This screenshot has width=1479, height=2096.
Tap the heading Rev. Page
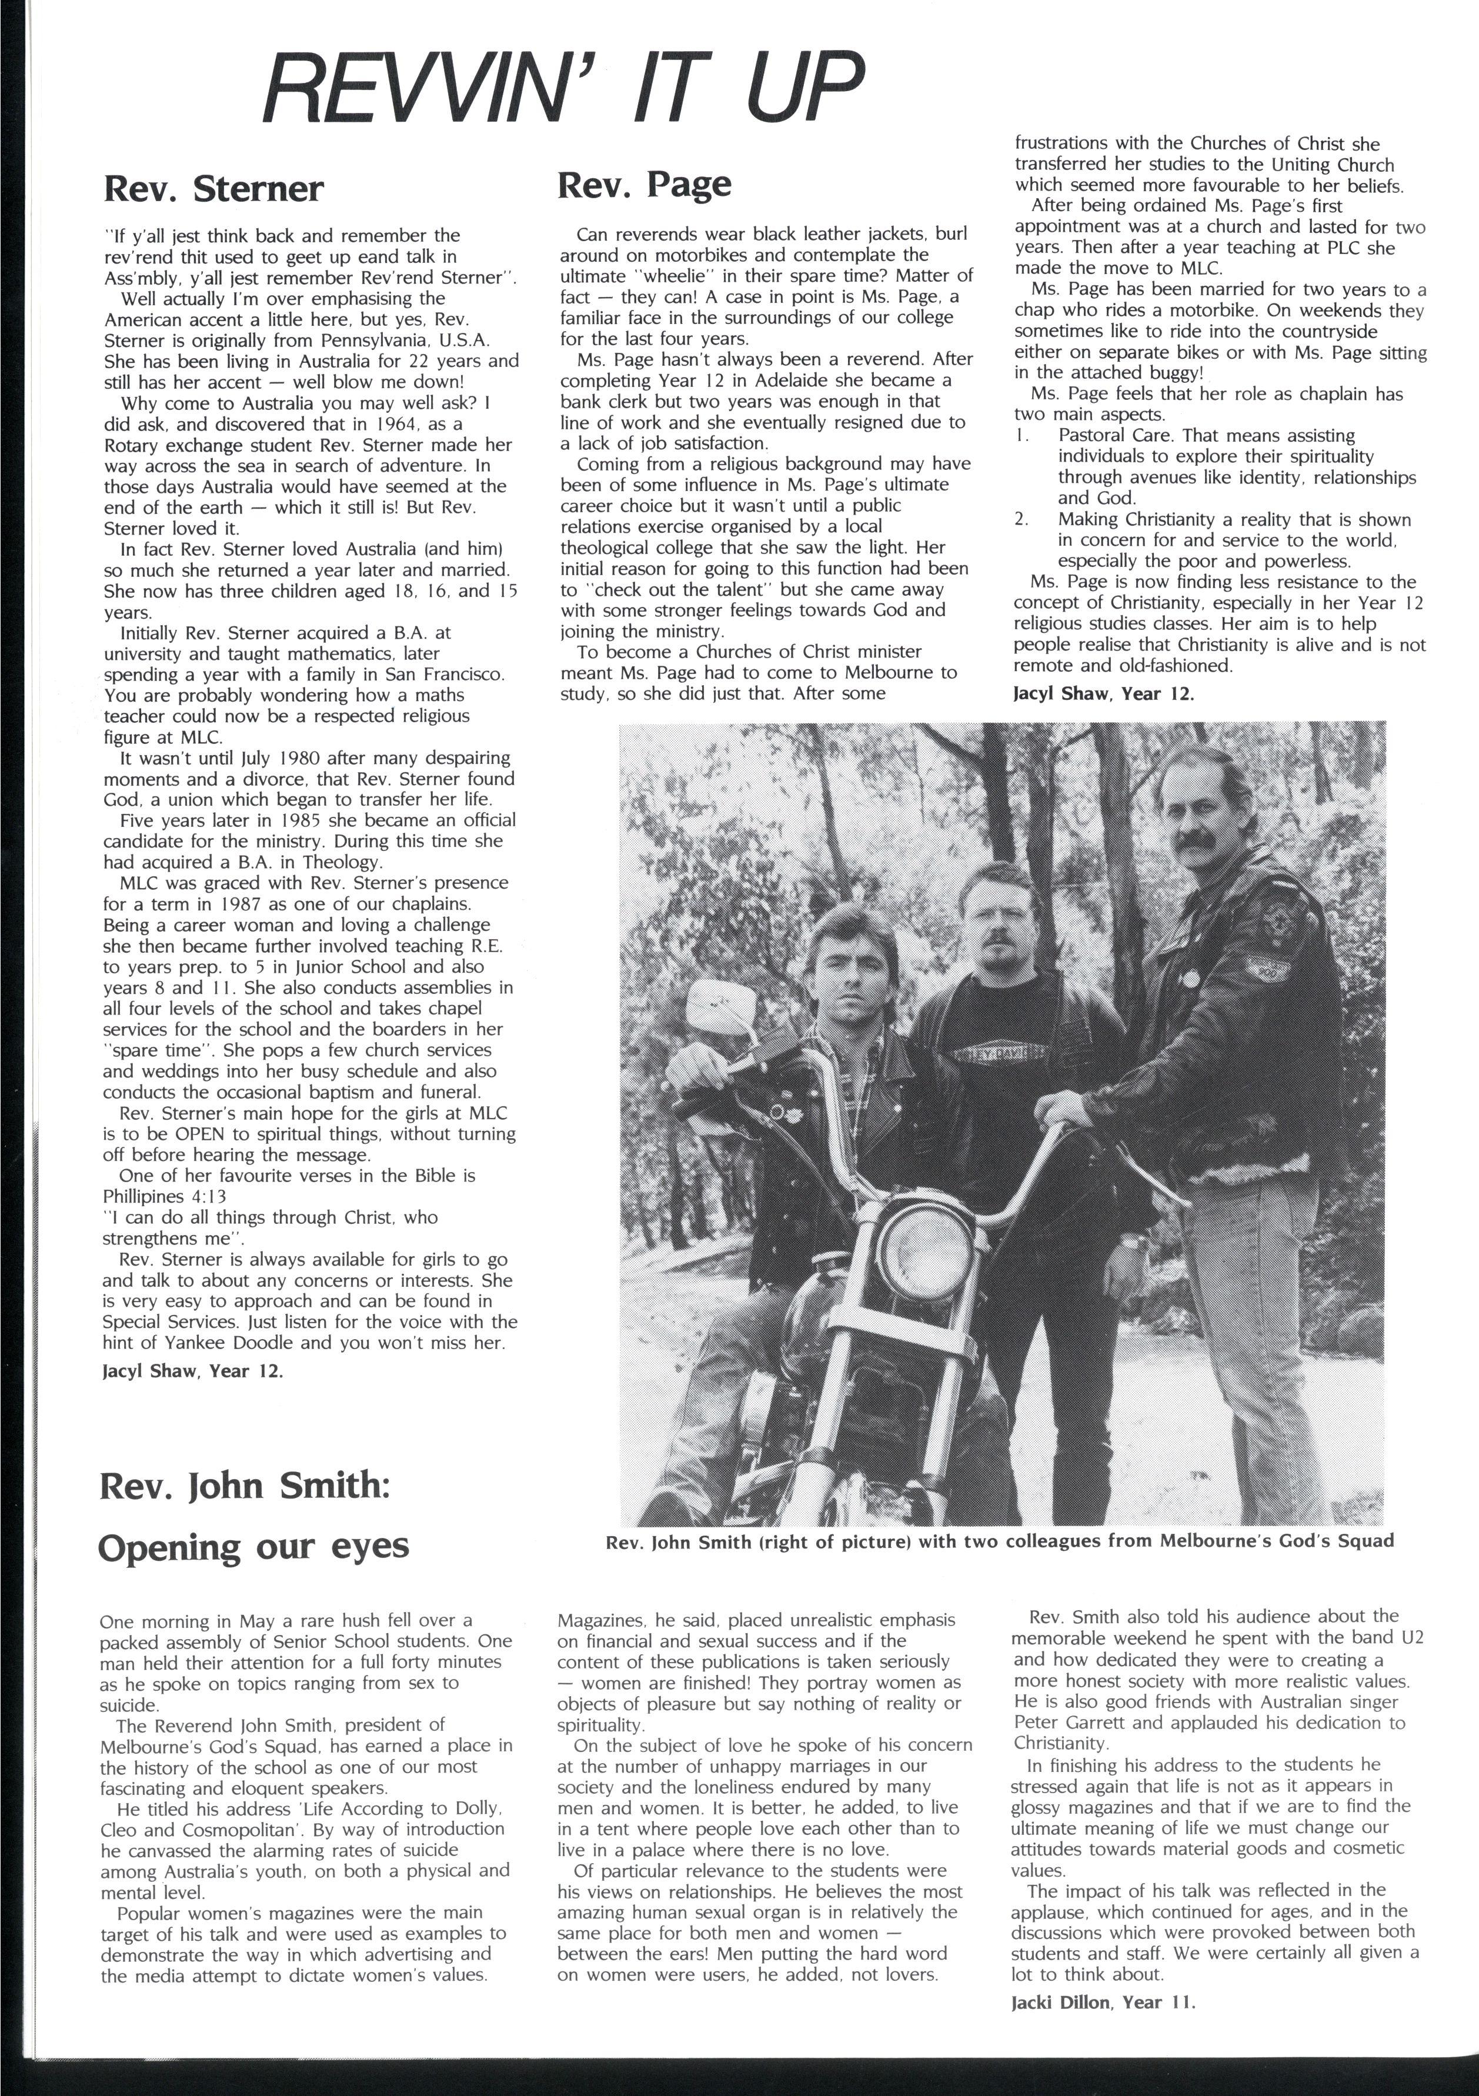645,183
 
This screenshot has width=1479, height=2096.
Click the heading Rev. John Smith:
245,1486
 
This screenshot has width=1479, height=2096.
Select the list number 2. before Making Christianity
1021,519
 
